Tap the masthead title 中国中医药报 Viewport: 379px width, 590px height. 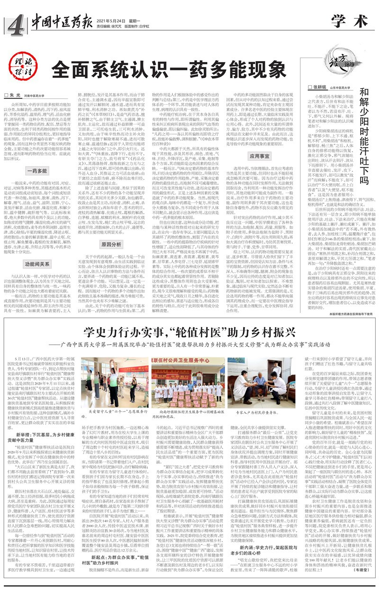[60, 19]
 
